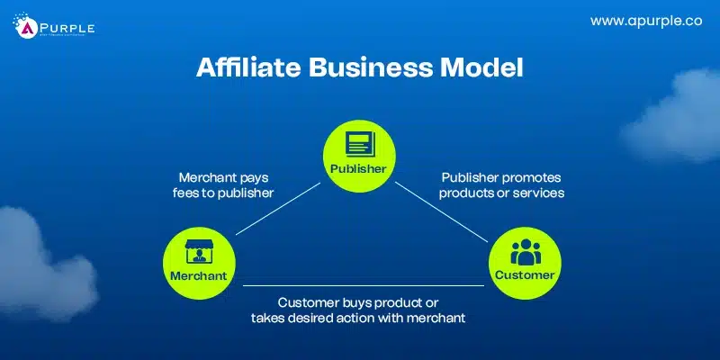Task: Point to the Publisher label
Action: click(x=358, y=168)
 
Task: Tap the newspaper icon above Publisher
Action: click(x=358, y=144)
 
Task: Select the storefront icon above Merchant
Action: click(x=197, y=252)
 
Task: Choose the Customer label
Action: click(x=523, y=275)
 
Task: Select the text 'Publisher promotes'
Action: click(x=498, y=176)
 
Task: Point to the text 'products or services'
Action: click(x=498, y=193)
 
